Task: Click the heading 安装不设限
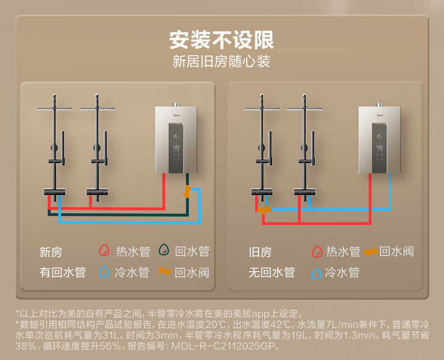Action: [221, 40]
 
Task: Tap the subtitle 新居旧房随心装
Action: [221, 61]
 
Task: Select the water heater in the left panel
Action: [177, 139]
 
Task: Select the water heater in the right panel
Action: [379, 139]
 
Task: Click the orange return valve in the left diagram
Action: [187, 192]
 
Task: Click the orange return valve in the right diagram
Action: [264, 210]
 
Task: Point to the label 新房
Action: [51, 252]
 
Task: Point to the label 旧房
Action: [260, 252]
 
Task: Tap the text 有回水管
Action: [62, 273]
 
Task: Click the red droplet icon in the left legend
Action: [104, 251]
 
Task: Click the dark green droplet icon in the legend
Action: [164, 251]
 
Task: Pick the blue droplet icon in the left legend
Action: [104, 273]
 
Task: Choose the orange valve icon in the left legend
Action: [164, 272]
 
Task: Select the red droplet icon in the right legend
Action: [316, 251]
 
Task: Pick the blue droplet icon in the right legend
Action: [316, 273]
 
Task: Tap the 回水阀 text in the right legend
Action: [396, 251]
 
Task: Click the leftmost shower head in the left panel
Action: [54, 109]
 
